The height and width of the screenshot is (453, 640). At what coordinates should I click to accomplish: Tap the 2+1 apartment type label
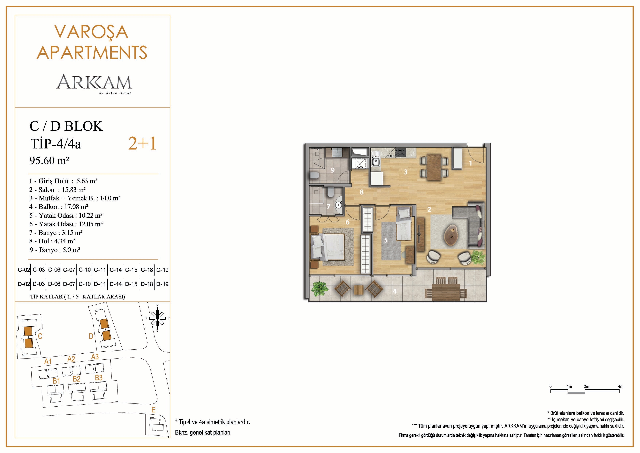tap(142, 144)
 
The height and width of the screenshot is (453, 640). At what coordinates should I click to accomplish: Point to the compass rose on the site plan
tap(157, 318)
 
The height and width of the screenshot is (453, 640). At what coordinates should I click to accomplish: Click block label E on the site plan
tap(153, 410)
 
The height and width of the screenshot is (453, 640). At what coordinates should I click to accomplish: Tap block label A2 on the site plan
tap(71, 359)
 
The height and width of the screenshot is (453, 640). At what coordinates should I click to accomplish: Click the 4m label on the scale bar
tap(620, 386)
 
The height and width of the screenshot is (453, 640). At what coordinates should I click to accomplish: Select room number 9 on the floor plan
tap(333, 170)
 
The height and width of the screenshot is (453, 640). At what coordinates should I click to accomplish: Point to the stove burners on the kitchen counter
tap(401, 152)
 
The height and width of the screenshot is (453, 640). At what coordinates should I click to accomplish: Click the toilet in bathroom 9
tap(314, 175)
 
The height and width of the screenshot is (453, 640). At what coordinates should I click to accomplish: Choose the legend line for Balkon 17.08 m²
tap(59, 207)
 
